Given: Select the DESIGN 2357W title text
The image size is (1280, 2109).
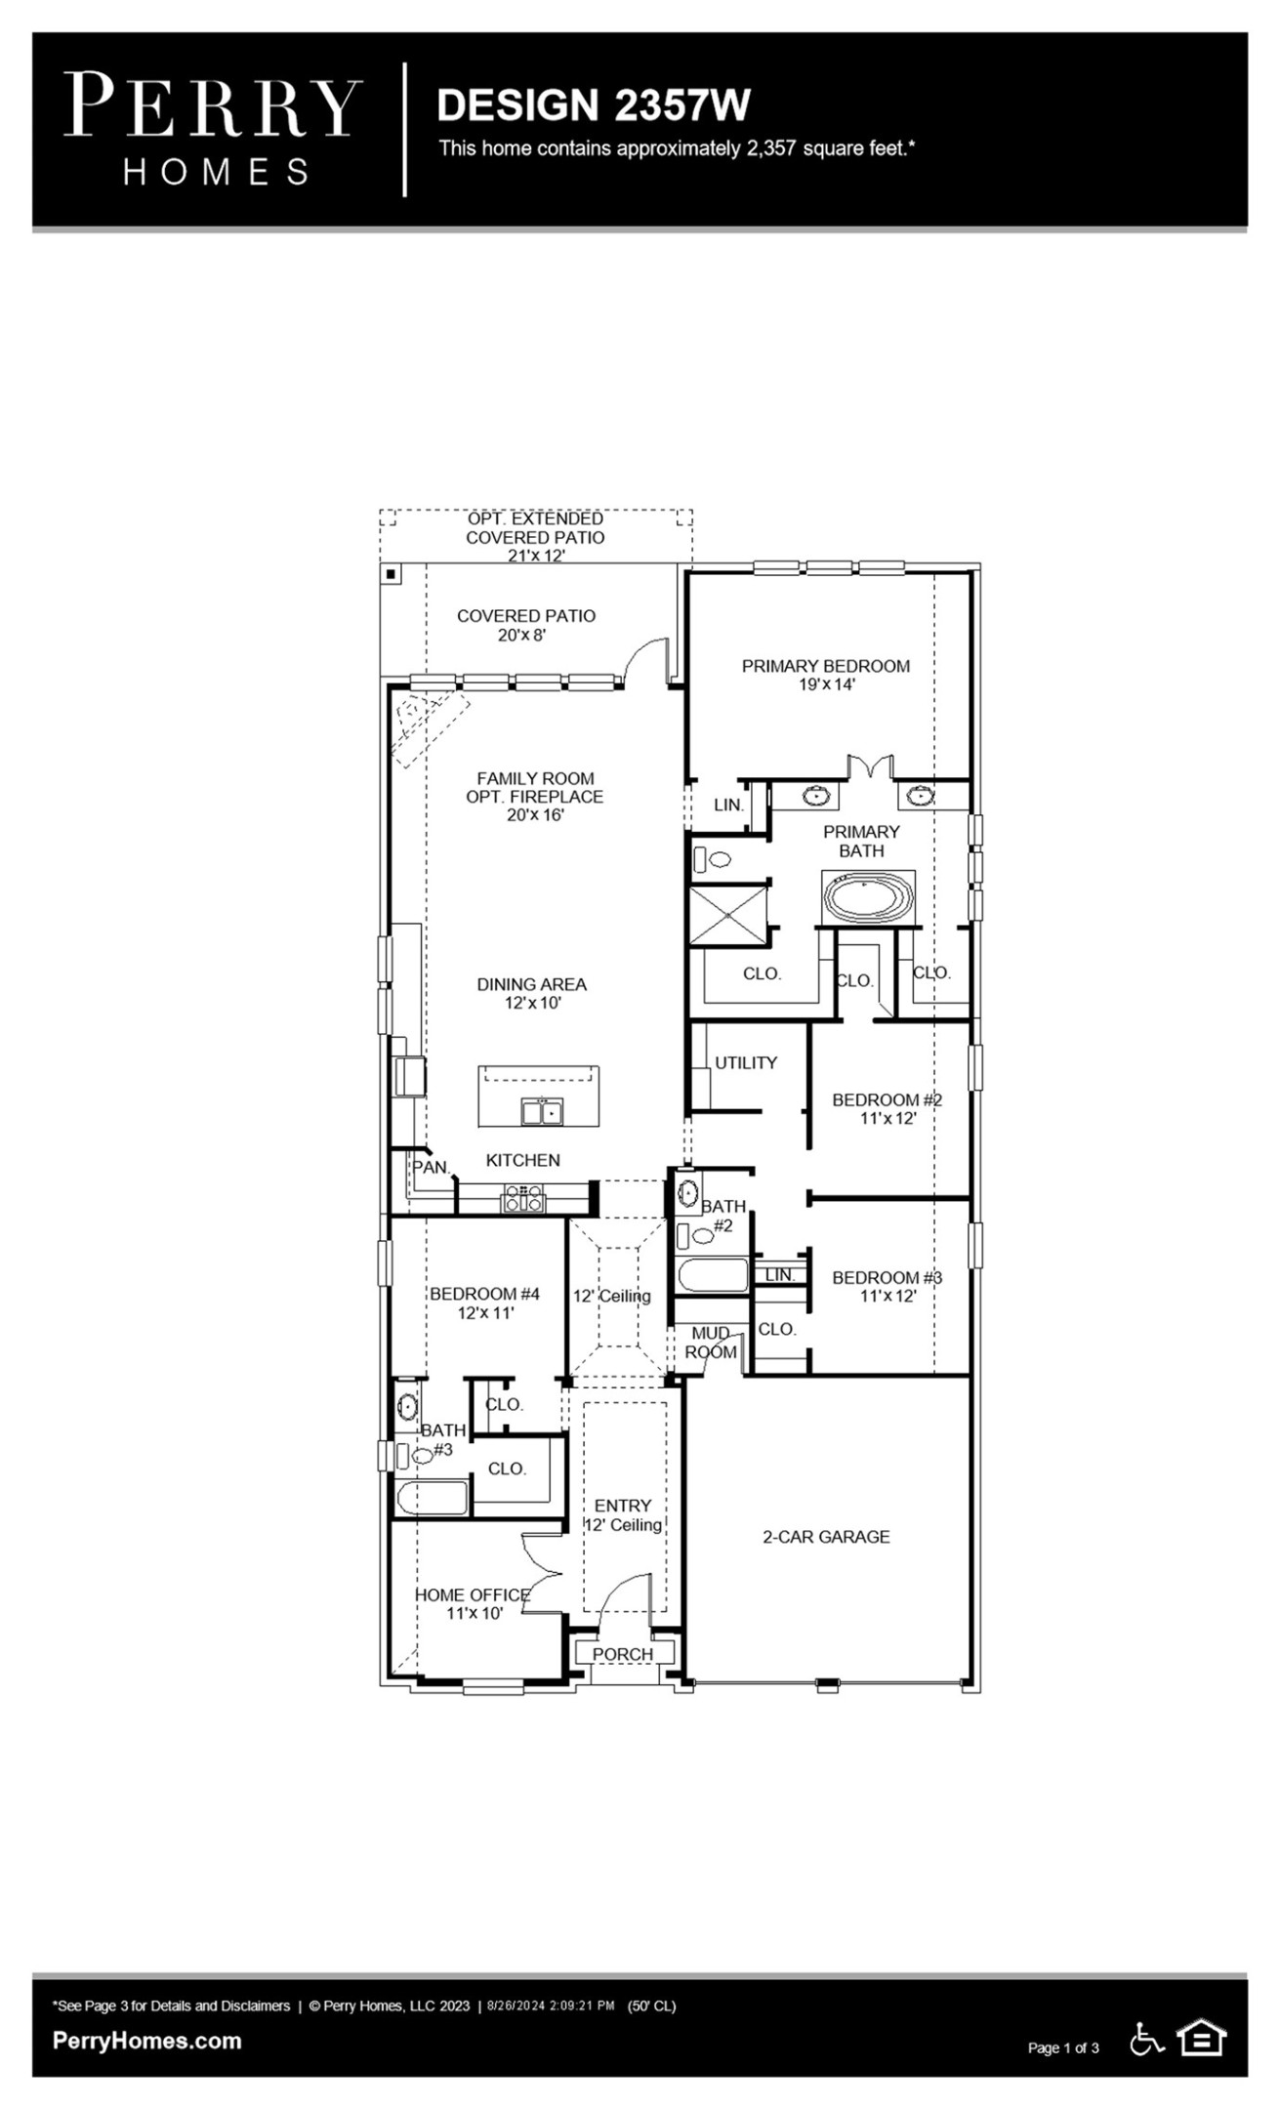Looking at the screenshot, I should (x=593, y=105).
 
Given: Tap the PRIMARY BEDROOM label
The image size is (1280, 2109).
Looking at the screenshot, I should (x=825, y=675).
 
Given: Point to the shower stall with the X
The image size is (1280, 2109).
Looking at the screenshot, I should (x=728, y=915).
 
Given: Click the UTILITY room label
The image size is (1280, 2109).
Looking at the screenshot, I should (x=745, y=1062).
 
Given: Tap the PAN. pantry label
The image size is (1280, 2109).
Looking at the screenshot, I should (x=430, y=1167).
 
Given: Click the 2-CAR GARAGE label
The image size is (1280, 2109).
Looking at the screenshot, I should (x=826, y=1537).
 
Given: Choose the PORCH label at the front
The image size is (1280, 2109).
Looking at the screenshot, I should (x=622, y=1654).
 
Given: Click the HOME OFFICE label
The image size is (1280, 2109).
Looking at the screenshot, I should (x=473, y=1603).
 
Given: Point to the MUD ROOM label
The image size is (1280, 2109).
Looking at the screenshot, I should (x=711, y=1343).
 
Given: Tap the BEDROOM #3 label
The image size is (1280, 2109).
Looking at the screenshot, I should (x=887, y=1286).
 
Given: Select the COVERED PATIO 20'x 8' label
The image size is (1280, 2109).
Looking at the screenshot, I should (x=525, y=625).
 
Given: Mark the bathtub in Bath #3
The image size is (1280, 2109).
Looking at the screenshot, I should (x=432, y=1497).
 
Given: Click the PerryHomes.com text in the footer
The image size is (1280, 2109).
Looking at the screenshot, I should (x=146, y=2041).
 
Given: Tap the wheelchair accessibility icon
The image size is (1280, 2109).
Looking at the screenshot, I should (x=1146, y=2039).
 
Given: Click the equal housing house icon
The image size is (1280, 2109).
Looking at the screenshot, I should (x=1202, y=2038).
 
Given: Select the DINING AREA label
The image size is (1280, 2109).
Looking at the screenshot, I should (x=532, y=993).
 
